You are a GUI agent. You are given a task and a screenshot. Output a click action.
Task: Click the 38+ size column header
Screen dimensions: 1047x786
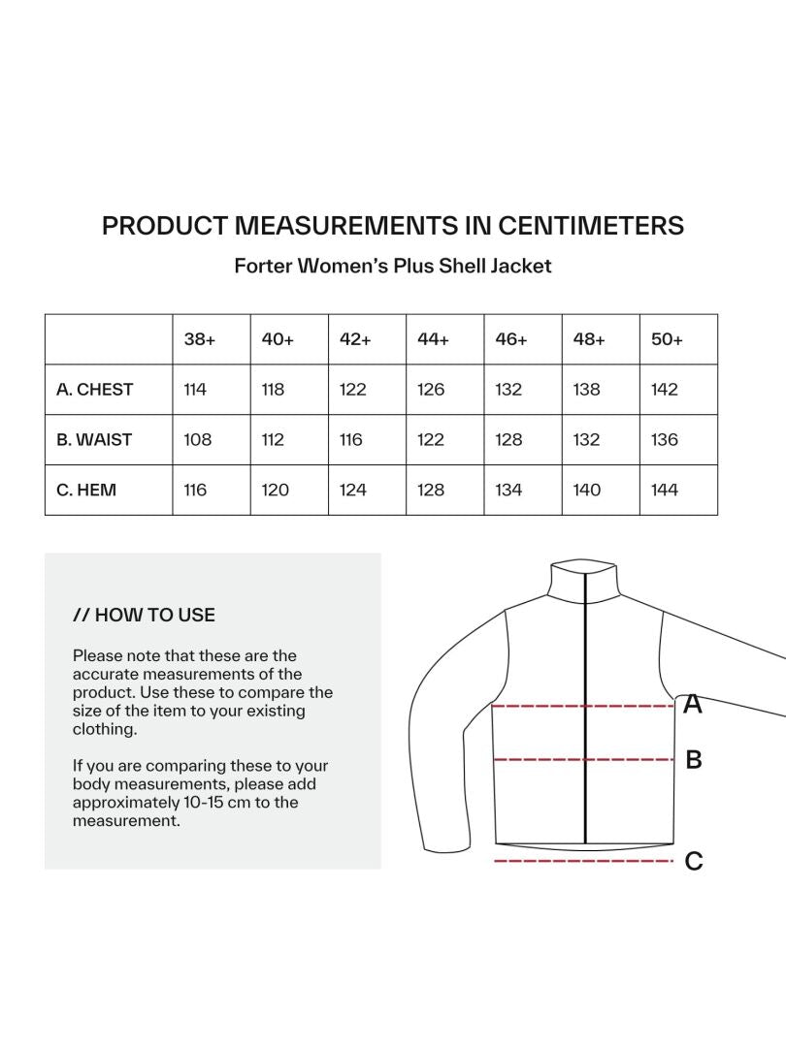pos(200,339)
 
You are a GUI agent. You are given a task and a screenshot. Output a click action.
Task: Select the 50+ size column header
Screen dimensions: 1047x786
pos(667,339)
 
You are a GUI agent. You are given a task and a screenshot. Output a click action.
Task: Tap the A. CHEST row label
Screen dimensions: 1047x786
pos(95,390)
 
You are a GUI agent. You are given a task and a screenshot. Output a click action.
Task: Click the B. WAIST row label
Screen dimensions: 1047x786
pos(94,440)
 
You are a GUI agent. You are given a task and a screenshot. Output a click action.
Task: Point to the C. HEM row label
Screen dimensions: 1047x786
pos(86,491)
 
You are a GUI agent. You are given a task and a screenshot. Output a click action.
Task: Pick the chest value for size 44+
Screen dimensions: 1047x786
pos(431,390)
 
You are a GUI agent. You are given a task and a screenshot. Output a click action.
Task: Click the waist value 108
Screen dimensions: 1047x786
pos(198,440)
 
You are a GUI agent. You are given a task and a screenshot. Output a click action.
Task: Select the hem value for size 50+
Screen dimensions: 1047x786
pos(665,491)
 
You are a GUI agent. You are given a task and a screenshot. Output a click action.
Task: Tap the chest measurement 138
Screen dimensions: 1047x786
pos(587,390)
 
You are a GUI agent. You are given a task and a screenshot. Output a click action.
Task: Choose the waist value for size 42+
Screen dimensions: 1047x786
pos(351,440)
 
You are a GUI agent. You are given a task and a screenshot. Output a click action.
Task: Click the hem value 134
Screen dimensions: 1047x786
pos(508,491)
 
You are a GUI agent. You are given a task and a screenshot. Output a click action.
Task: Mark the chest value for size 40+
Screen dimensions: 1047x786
pos(274,390)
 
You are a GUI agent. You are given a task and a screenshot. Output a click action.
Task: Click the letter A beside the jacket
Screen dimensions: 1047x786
pos(693,704)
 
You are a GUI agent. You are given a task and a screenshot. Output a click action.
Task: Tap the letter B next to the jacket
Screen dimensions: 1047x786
pos(694,760)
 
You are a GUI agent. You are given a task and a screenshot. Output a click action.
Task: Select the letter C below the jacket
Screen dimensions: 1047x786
pos(694,861)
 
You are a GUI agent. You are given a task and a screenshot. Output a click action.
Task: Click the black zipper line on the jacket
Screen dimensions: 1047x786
pos(586,737)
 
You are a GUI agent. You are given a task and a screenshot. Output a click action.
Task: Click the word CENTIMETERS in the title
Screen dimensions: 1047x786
pos(591,226)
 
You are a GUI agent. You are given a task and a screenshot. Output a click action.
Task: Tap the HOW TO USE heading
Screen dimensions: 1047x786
pos(145,615)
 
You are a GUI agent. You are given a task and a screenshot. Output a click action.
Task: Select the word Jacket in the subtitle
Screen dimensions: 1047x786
pos(519,266)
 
